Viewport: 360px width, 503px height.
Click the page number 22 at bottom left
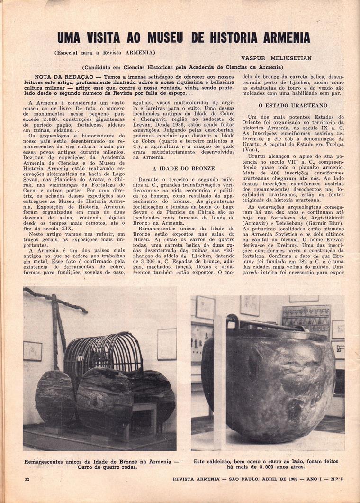(x=27, y=479)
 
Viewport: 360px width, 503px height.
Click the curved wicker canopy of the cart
(x=103, y=353)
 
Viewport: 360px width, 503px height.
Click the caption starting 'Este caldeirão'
(x=268, y=460)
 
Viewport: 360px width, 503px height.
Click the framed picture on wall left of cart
(x=32, y=351)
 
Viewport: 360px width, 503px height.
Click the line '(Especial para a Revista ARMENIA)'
(x=105, y=52)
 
